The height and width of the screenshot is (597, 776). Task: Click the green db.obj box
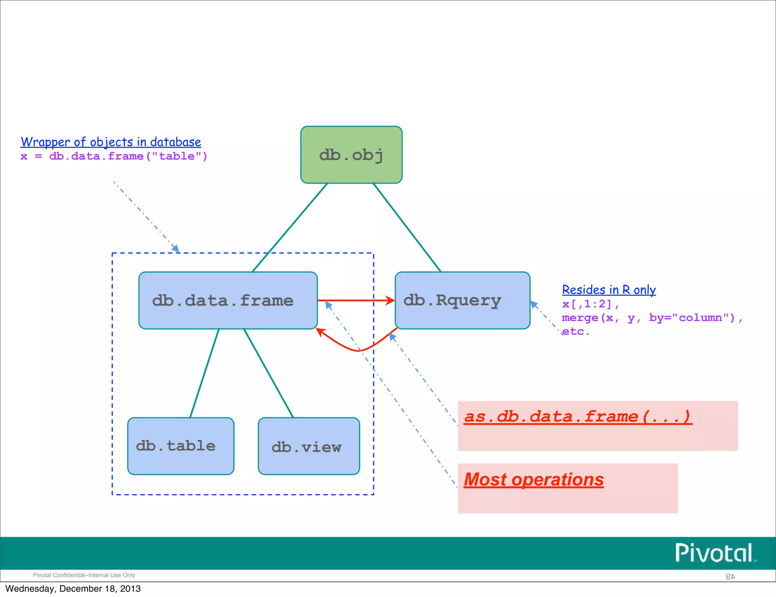(351, 155)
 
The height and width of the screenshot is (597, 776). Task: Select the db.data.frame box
(228, 300)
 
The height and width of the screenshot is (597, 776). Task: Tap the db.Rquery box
(462, 300)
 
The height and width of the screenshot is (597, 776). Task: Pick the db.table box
(181, 446)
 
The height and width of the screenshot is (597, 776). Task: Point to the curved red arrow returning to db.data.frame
(358, 350)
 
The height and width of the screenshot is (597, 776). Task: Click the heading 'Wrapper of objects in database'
(111, 142)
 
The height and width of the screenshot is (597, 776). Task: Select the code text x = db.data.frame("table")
(114, 156)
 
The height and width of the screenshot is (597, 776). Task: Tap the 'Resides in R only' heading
(609, 290)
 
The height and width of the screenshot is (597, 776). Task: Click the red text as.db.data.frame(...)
(578, 416)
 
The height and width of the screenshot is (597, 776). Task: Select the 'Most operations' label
(533, 480)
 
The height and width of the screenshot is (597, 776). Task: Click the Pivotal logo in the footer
(715, 553)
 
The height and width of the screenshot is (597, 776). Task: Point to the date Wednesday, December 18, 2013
(73, 589)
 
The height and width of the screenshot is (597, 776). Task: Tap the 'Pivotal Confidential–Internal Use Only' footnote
(84, 575)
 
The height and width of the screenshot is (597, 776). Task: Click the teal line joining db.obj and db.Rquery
(407, 227)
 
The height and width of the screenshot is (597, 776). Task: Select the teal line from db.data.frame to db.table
(205, 373)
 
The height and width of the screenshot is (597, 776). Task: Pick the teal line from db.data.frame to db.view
(268, 373)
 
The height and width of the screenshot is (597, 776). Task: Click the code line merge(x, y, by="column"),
(652, 317)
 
